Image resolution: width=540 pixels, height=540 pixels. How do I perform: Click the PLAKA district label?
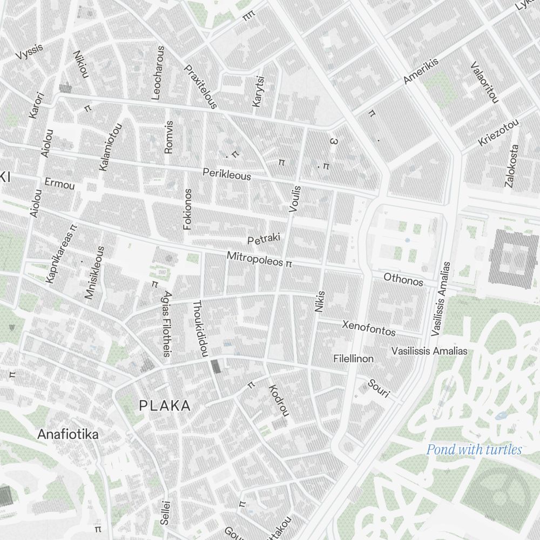165,406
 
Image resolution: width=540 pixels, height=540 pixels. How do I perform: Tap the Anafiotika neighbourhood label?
68,434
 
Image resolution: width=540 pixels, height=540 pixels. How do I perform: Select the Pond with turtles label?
474,449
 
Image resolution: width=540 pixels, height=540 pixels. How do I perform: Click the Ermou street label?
59,184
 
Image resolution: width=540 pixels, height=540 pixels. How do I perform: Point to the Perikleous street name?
227,174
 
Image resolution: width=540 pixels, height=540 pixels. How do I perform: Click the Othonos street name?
403,280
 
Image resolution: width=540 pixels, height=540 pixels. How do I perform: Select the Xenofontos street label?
369,327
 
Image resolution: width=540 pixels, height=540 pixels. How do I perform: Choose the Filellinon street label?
354,359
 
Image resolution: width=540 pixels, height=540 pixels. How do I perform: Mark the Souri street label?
379,388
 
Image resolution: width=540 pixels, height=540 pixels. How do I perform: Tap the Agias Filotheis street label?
167,323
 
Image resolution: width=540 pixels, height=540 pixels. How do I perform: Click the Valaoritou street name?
483,83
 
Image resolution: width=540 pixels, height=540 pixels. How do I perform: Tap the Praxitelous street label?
200,87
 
